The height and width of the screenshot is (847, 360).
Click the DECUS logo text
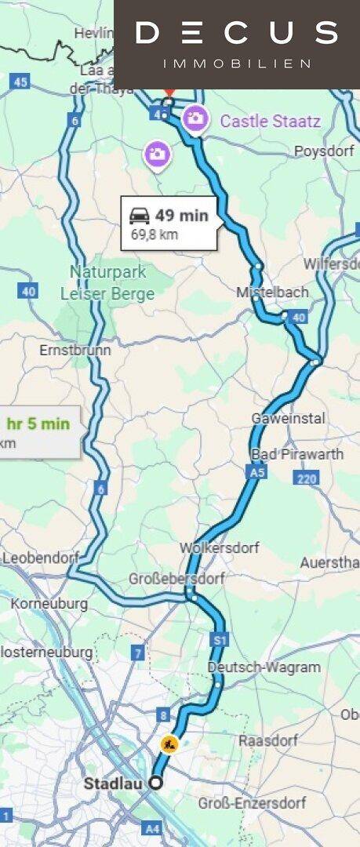[x=236, y=33]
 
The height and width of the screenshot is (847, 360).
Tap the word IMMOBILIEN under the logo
[x=236, y=64]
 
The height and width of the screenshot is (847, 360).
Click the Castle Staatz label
[x=270, y=121]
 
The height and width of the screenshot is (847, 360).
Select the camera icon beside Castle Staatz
[x=195, y=119]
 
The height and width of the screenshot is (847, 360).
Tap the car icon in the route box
[x=140, y=216]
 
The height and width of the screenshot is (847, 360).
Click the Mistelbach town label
[x=272, y=292]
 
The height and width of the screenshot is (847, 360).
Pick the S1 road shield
[x=220, y=641]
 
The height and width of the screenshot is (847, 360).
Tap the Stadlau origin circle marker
[x=156, y=782]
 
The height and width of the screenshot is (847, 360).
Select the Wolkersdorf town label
[x=219, y=547]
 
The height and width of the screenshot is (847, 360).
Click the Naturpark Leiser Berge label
[x=107, y=282]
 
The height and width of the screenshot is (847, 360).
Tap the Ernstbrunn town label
[x=75, y=350]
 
